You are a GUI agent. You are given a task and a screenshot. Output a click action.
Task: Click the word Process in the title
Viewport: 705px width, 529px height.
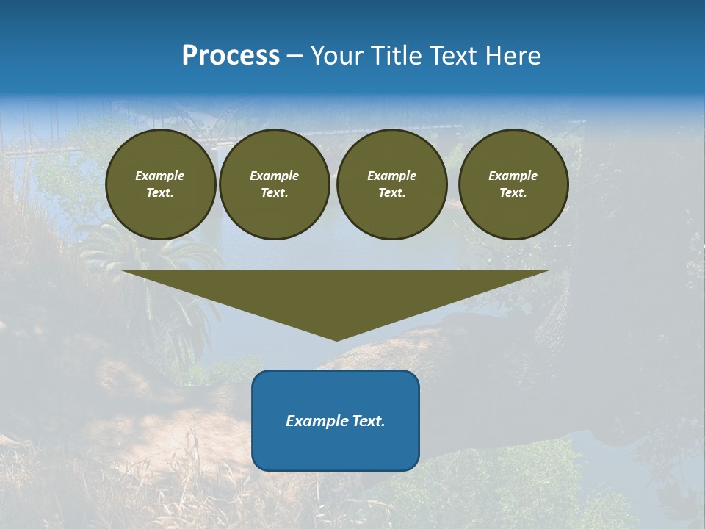tap(231, 56)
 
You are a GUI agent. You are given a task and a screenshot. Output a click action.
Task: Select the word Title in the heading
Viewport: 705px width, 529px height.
tap(399, 56)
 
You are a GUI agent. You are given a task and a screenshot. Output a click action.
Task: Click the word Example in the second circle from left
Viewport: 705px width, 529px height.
tap(274, 176)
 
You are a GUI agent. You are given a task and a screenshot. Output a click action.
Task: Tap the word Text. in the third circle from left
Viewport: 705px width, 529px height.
tap(391, 193)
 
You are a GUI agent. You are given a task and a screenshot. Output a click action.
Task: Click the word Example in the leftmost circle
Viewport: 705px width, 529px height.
tap(160, 176)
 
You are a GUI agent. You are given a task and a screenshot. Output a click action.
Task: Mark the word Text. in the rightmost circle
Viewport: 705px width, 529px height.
tap(513, 193)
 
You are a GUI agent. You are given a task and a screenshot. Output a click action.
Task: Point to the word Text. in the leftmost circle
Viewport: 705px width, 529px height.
tap(160, 193)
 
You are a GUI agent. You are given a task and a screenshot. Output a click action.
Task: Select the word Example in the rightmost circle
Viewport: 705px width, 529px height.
tap(513, 176)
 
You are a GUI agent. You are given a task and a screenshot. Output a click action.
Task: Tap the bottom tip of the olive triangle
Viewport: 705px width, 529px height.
tap(336, 339)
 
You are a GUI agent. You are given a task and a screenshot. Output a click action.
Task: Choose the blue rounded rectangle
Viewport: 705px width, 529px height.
tap(336, 448)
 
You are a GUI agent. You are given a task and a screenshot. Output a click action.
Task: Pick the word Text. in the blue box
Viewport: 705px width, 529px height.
tap(369, 421)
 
